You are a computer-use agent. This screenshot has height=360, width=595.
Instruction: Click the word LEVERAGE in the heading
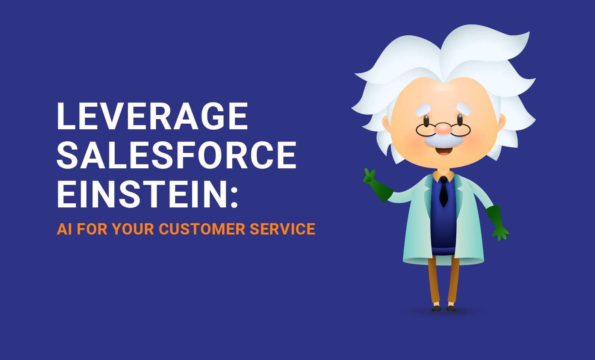click(x=152, y=116)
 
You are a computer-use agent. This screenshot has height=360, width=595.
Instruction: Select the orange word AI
click(x=64, y=229)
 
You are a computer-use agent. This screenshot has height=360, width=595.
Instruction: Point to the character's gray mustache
click(x=444, y=141)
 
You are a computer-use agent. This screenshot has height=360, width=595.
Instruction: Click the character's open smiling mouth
click(x=444, y=151)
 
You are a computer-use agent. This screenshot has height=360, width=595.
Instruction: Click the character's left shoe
click(x=436, y=309)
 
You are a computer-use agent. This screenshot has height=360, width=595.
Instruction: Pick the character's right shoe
click(x=451, y=309)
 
